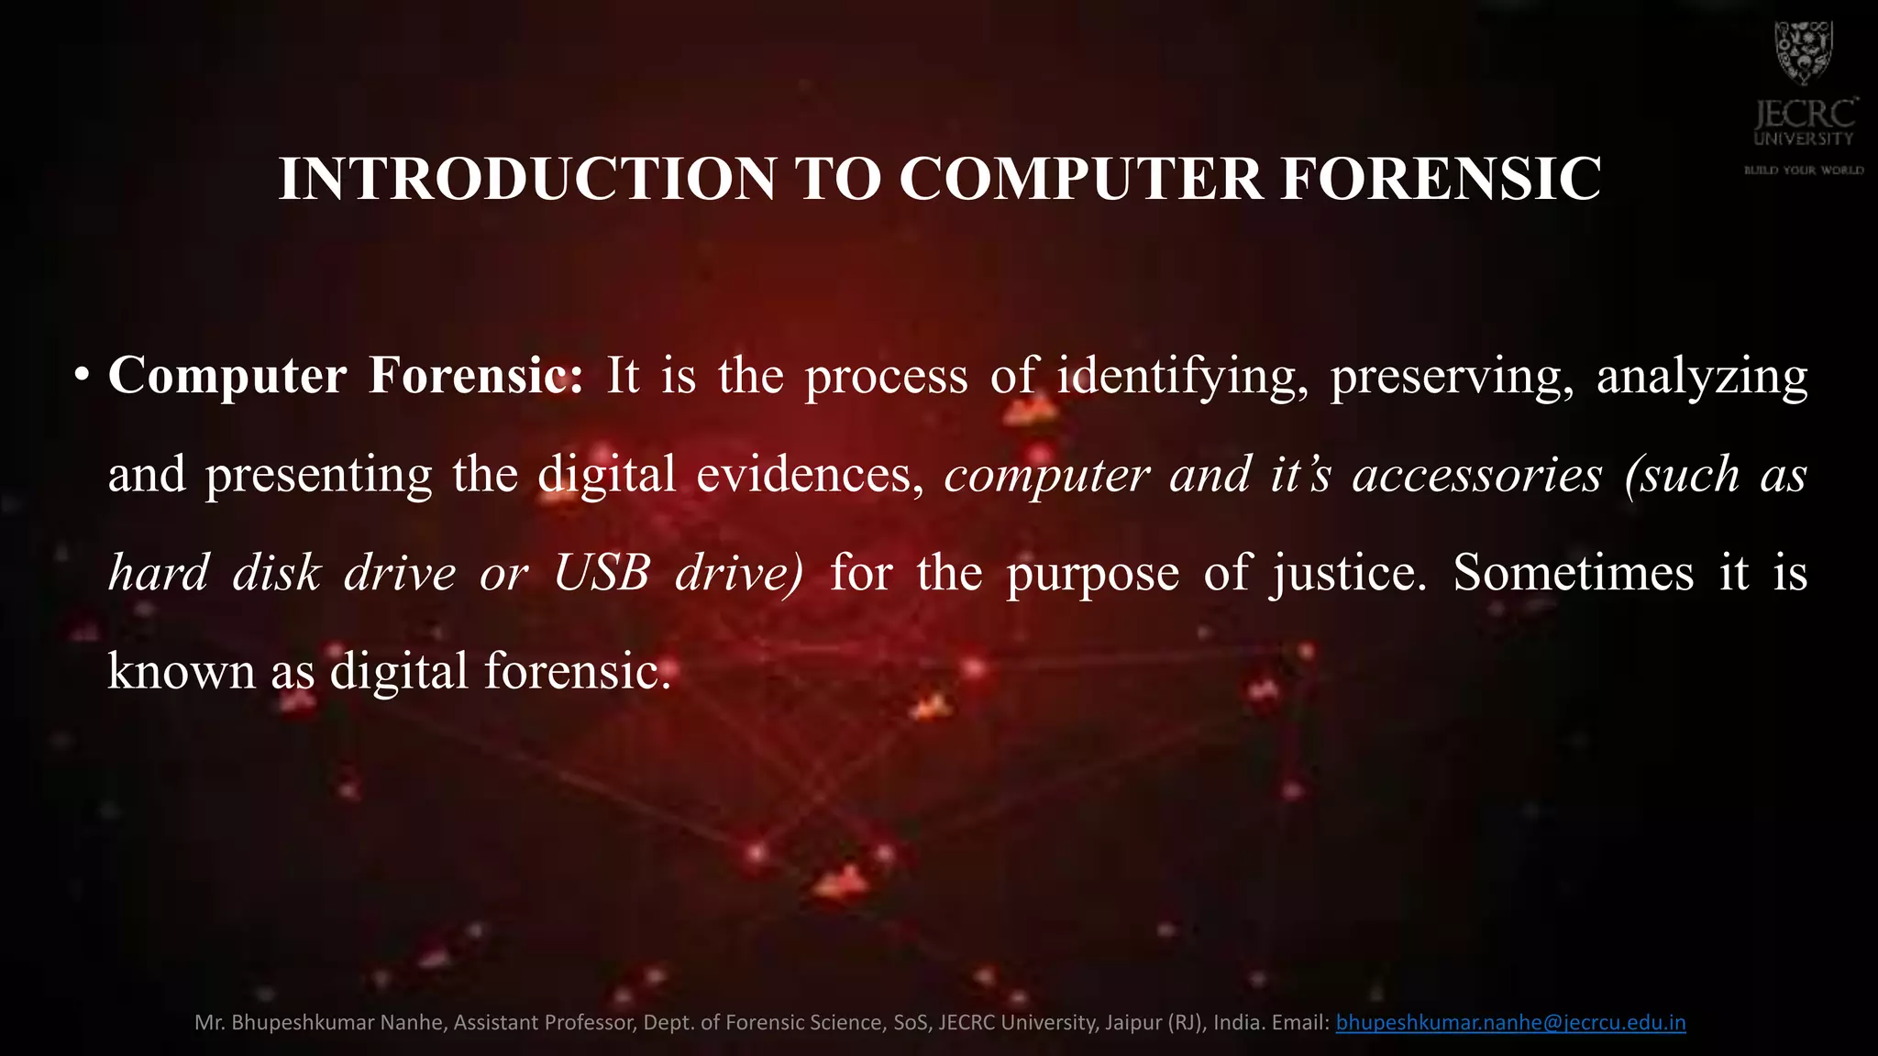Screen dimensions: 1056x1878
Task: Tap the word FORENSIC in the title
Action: point(1441,178)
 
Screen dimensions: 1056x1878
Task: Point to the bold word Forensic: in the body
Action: point(475,376)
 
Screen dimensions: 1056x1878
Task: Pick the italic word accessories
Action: point(1477,475)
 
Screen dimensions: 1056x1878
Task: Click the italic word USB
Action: point(602,573)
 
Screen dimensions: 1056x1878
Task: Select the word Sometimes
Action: point(1574,573)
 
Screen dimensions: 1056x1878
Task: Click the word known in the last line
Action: point(182,671)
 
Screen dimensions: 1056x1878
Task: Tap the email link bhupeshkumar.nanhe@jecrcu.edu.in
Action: point(1510,1022)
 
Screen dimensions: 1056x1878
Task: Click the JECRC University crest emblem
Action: point(1803,52)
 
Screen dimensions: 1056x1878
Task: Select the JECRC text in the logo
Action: point(1804,115)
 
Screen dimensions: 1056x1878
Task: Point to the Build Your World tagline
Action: point(1804,170)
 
